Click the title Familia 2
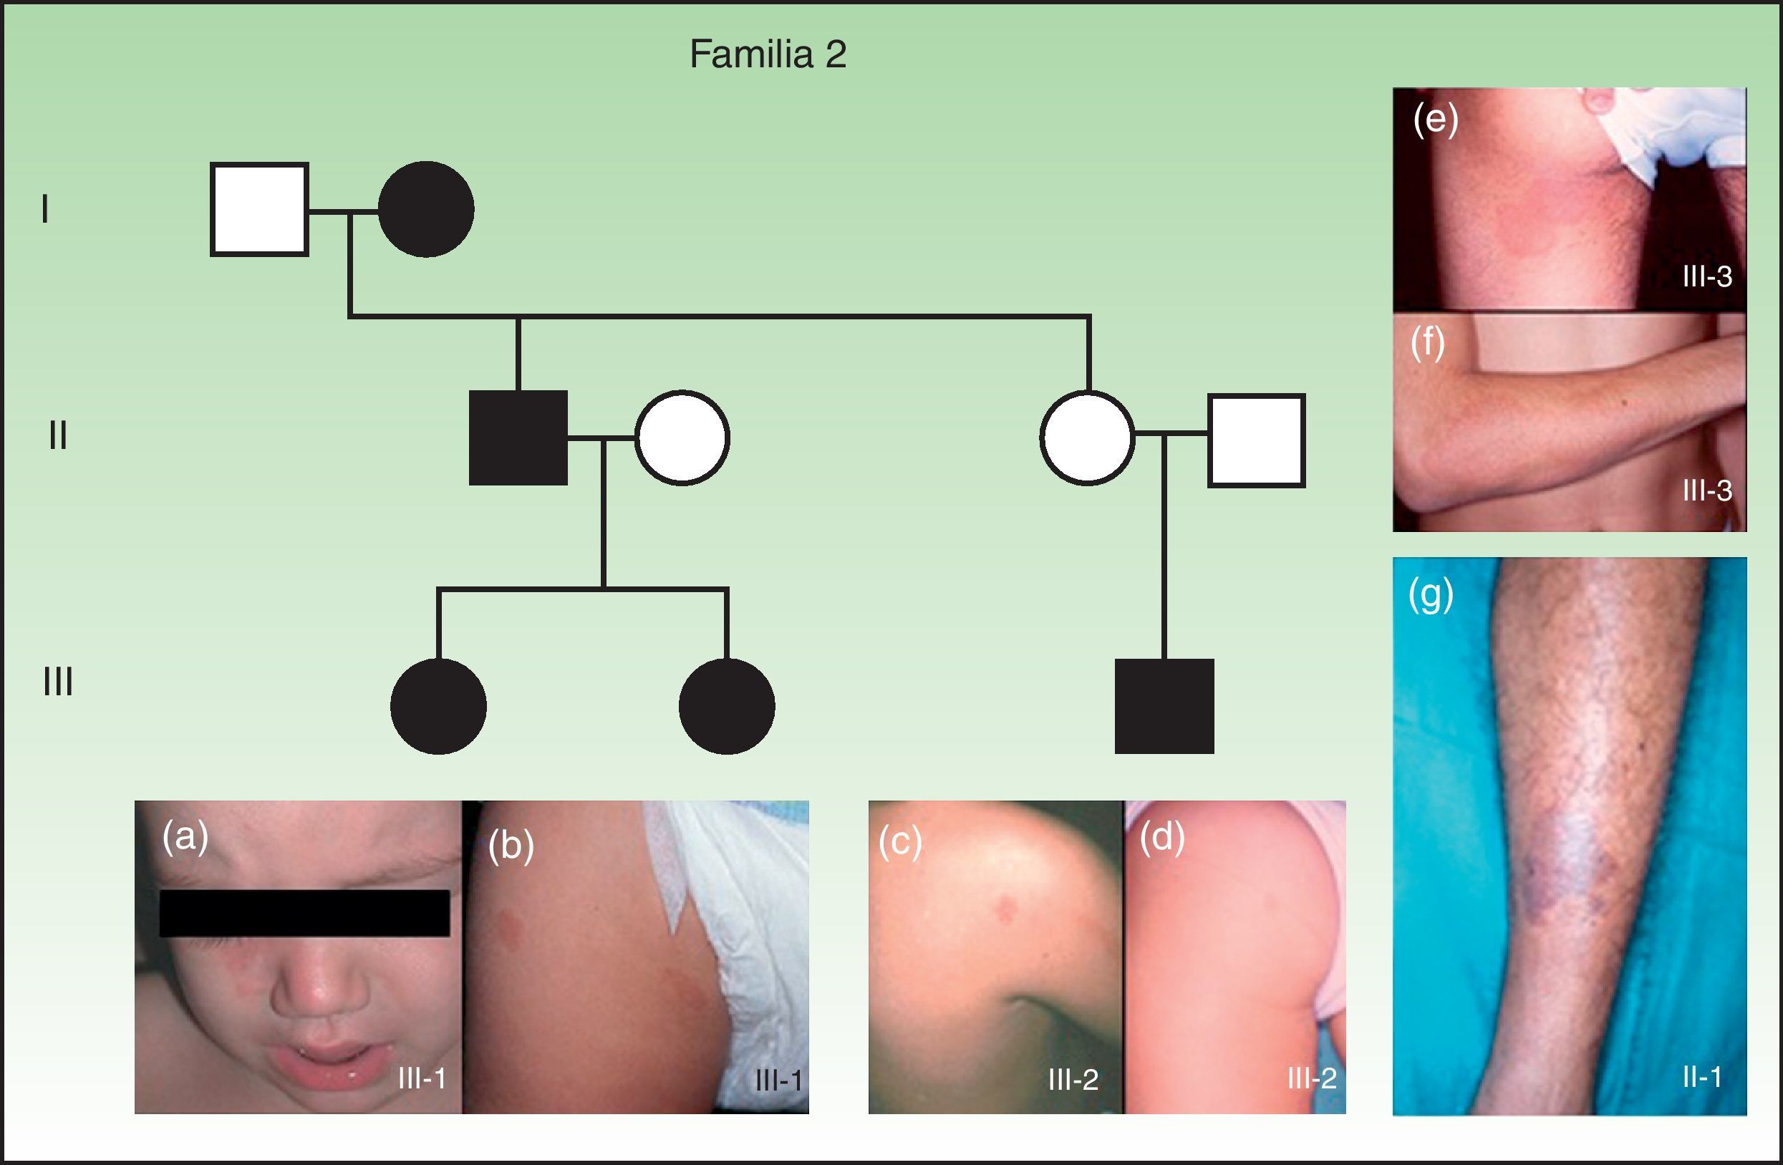[768, 54]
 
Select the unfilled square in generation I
[259, 209]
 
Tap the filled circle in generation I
[425, 209]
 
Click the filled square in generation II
[518, 438]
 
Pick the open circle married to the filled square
[682, 438]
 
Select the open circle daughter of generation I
[1087, 438]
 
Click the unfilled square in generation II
[1257, 440]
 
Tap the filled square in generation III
[1164, 706]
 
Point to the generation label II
[58, 435]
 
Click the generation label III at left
[58, 682]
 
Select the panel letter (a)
[185, 836]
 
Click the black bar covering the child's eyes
[304, 913]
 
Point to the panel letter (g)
[1431, 596]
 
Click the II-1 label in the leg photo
[1702, 1078]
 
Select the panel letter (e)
[1436, 120]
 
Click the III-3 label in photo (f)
[1707, 490]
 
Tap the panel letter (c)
[900, 842]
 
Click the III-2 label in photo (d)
[1313, 1078]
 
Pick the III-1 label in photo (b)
[779, 1081]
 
